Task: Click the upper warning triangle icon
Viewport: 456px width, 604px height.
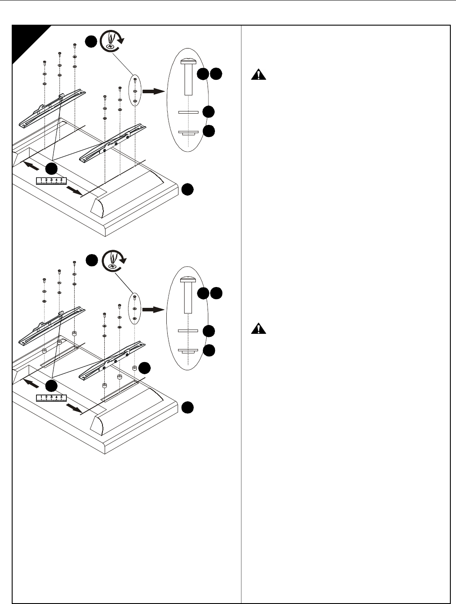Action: click(258, 75)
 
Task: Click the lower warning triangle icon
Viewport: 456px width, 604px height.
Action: click(258, 328)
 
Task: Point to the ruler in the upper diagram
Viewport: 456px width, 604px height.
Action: click(51, 181)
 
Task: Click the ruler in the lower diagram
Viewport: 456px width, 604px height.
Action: click(51, 398)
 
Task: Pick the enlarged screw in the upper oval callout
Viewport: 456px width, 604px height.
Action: click(188, 76)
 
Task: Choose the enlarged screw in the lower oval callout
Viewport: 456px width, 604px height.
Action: click(188, 295)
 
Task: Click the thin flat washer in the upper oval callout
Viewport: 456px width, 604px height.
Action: click(188, 112)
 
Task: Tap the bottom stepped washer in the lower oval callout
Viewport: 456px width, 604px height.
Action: click(188, 351)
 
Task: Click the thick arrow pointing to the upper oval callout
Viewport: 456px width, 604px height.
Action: click(153, 91)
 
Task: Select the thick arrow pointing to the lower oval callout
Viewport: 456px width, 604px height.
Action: click(153, 310)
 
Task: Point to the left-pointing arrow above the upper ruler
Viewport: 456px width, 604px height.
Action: click(31, 166)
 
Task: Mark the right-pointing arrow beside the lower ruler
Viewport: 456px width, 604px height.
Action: click(74, 408)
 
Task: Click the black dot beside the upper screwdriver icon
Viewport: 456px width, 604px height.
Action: click(91, 42)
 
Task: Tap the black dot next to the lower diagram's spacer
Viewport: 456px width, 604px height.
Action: click(144, 368)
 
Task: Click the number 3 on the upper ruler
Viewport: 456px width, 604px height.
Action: click(51, 180)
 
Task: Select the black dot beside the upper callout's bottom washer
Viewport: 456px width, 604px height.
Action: click(209, 131)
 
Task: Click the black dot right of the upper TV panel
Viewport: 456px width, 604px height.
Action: click(187, 189)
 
